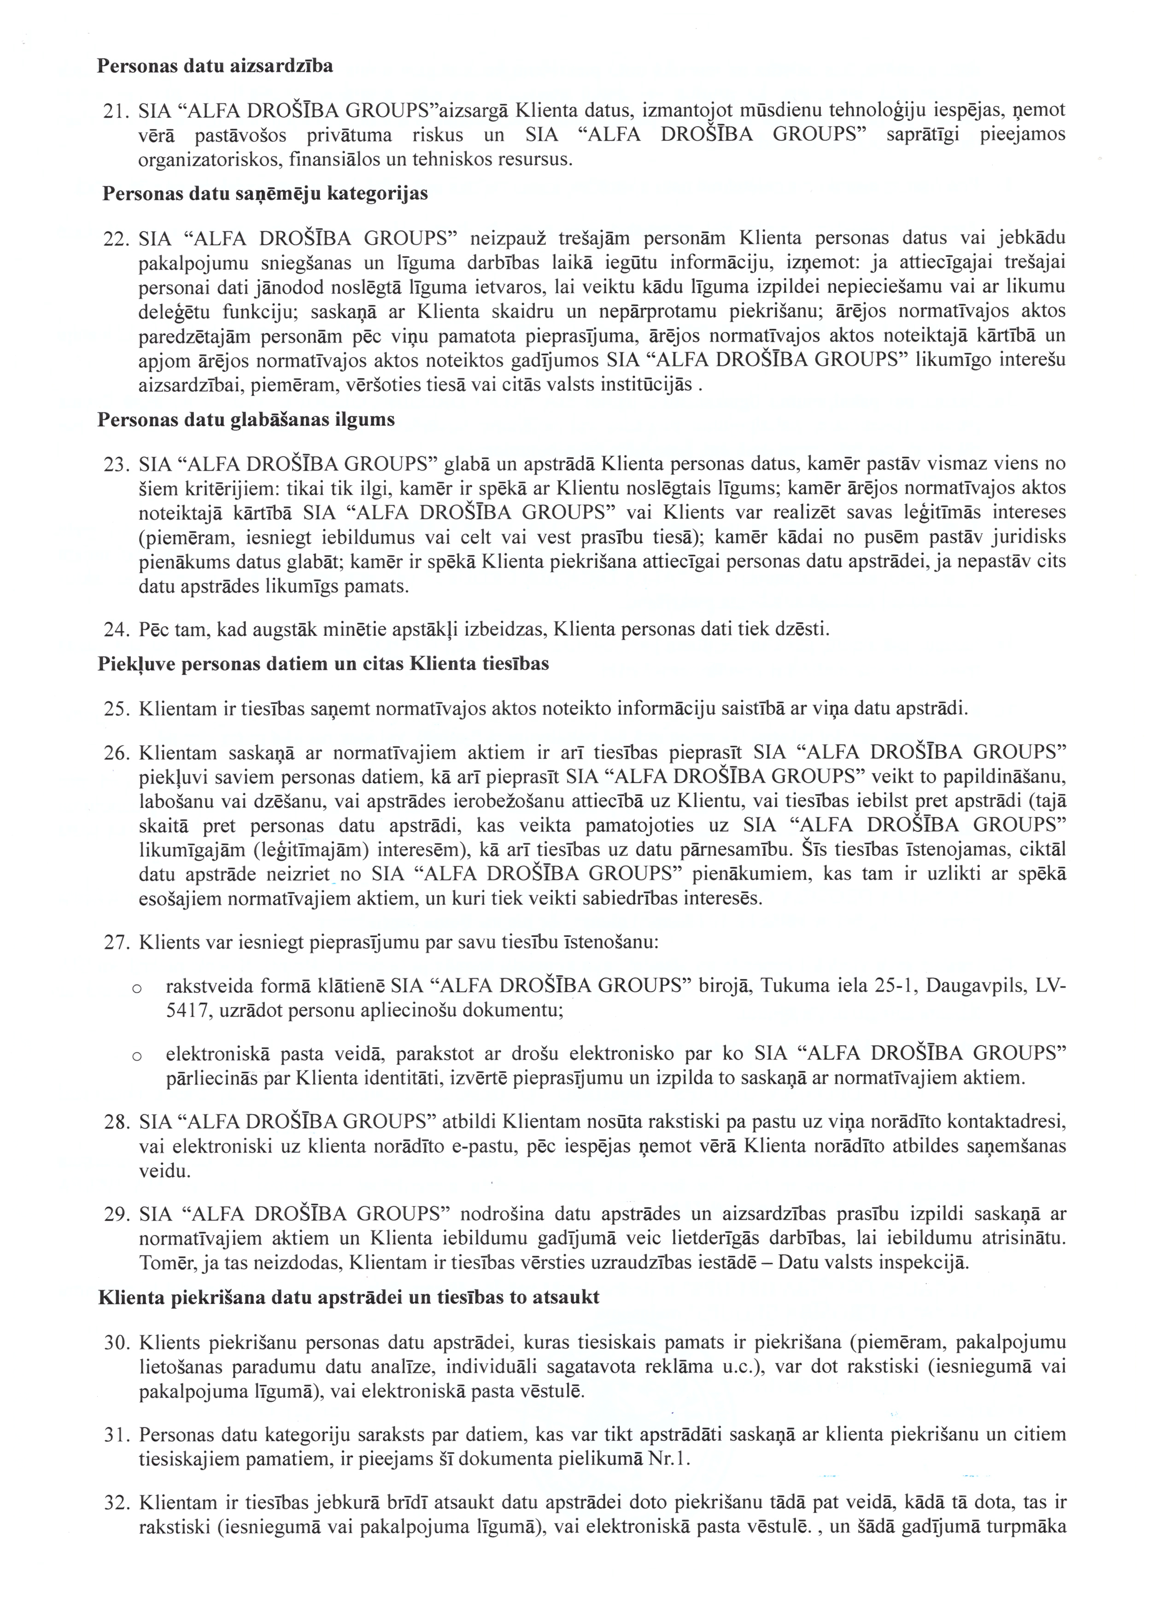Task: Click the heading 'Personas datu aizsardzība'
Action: [x=215, y=66]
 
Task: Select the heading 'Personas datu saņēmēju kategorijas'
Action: [x=265, y=193]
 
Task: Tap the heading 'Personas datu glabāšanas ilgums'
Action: [x=246, y=419]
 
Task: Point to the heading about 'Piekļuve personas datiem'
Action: [x=323, y=664]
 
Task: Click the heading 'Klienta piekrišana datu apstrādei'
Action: [x=348, y=1297]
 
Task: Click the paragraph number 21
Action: [x=116, y=111]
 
